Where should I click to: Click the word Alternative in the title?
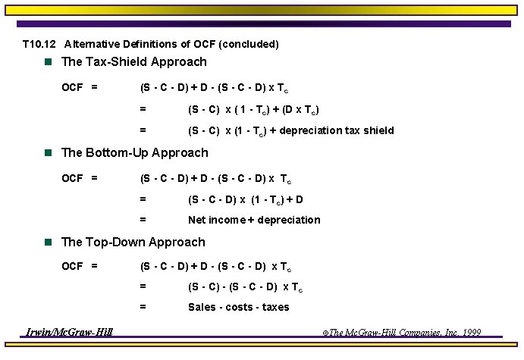point(93,44)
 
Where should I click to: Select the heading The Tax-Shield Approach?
point(133,62)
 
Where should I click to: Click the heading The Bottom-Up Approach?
point(134,153)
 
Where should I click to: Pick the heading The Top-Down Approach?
point(133,243)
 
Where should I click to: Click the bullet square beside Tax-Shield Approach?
point(48,62)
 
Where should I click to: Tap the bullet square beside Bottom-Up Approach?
point(48,153)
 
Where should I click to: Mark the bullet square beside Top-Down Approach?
point(48,243)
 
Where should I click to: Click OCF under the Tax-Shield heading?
point(72,87)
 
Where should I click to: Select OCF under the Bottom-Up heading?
point(72,178)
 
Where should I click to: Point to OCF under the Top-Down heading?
point(72,266)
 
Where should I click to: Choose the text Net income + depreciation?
point(254,220)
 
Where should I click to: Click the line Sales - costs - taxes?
point(239,307)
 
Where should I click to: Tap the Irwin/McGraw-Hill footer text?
point(69,332)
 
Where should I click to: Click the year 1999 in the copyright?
point(470,333)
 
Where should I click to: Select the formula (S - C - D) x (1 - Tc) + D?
point(246,199)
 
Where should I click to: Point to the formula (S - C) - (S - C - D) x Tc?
point(245,287)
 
